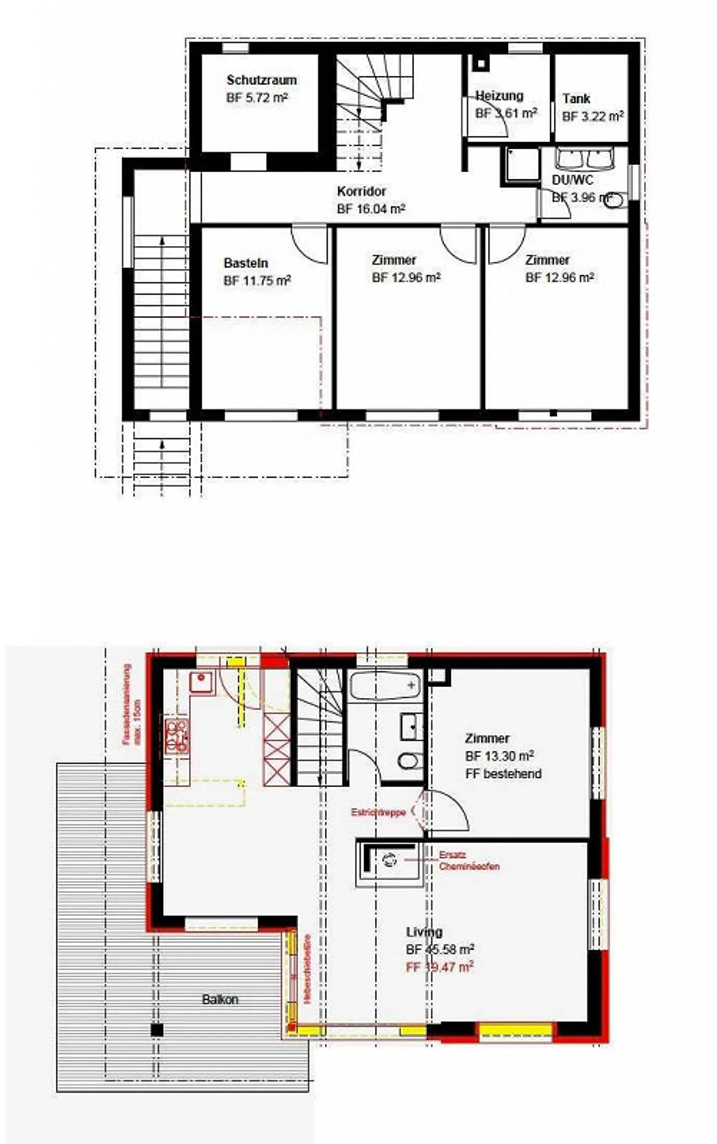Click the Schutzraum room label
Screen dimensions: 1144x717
point(261,80)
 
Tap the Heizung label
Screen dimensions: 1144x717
point(499,96)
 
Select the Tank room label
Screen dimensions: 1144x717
point(577,99)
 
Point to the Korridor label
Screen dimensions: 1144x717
point(361,191)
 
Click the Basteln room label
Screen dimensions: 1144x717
point(246,263)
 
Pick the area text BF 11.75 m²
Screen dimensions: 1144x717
point(257,281)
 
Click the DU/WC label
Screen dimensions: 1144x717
point(572,180)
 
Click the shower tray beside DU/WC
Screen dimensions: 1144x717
point(522,164)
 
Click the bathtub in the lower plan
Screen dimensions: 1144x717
point(385,686)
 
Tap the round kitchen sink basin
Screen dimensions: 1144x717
point(201,678)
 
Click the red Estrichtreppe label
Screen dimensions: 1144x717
point(378,813)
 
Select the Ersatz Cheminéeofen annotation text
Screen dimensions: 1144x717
point(469,860)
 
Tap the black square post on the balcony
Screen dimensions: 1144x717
point(157,1030)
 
